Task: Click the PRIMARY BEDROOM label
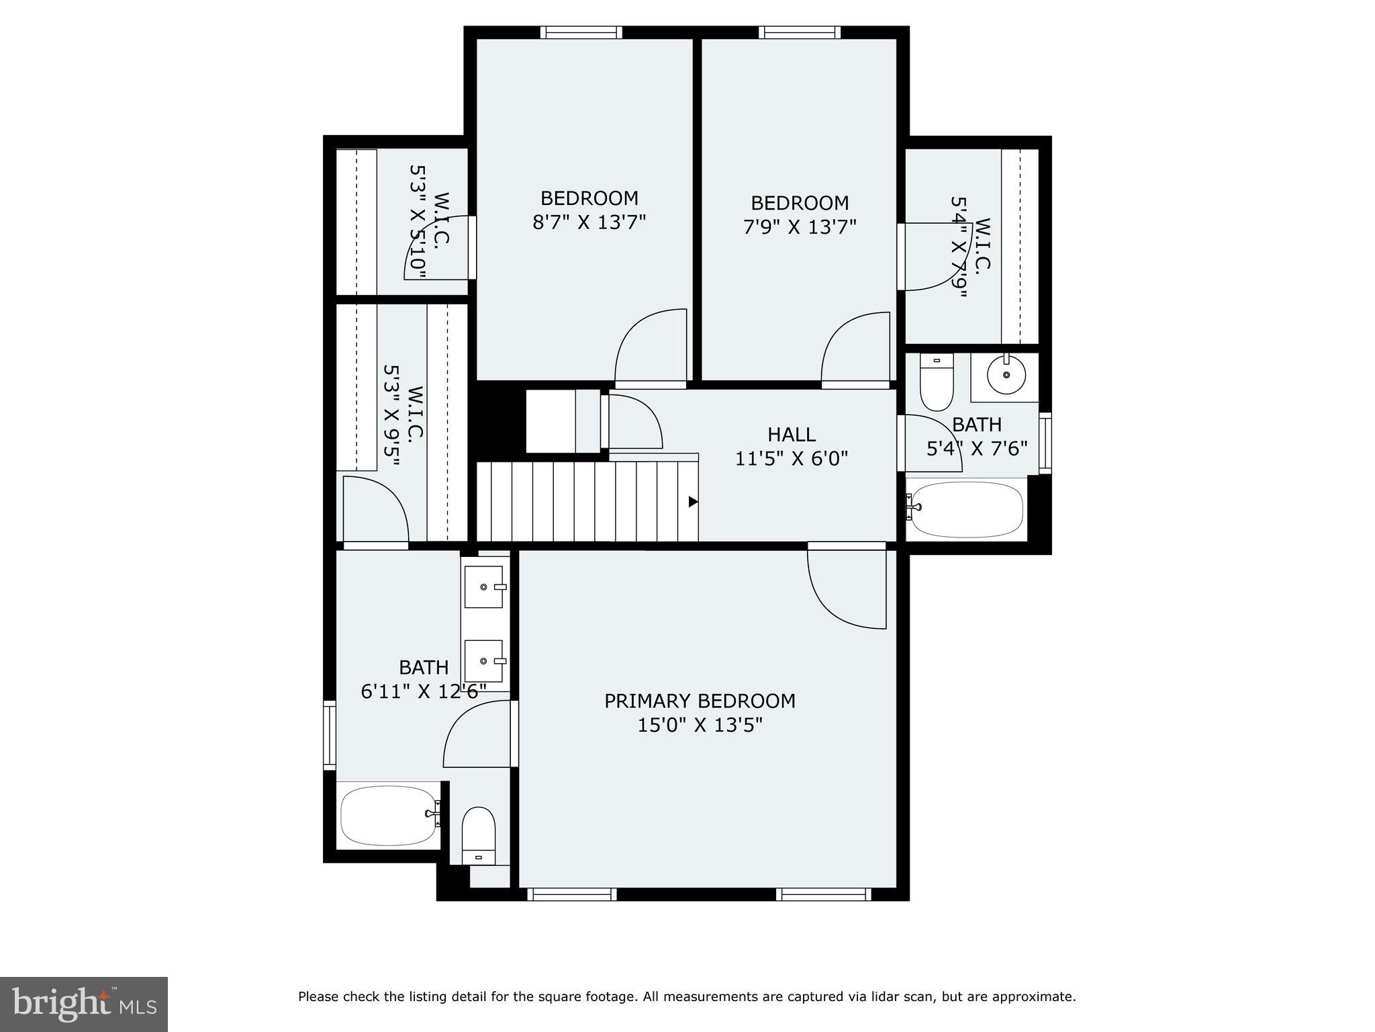tap(700, 701)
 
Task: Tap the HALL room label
tap(792, 434)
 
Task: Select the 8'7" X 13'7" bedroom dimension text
tap(589, 222)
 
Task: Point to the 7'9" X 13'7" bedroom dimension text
tap(799, 227)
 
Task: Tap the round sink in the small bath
tap(1006, 375)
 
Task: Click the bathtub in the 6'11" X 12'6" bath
tap(388, 815)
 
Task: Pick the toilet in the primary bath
tap(478, 835)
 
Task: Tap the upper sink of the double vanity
tap(484, 587)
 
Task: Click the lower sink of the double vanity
tap(484, 661)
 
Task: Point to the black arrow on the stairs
tap(693, 502)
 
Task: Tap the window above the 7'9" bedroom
tap(799, 32)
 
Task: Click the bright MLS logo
tap(84, 1004)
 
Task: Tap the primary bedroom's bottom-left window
tap(571, 894)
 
